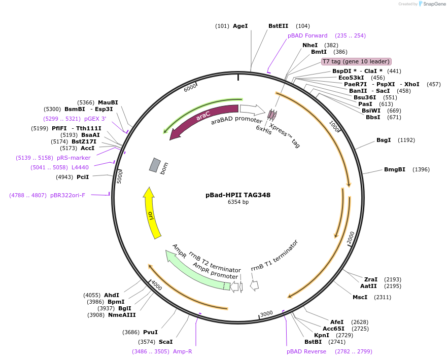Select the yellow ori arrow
pyautogui.click(x=151, y=213)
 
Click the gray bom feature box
pyautogui.click(x=155, y=165)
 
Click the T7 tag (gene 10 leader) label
pyautogui.click(x=356, y=61)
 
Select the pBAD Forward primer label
pyautogui.click(x=307, y=35)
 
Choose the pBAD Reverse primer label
pyautogui.click(x=306, y=351)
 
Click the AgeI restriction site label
pyautogui.click(x=240, y=26)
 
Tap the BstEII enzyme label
pyautogui.click(x=279, y=26)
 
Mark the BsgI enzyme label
pyautogui.click(x=384, y=140)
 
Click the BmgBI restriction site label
pyautogui.click(x=394, y=169)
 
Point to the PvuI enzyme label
pyautogui.click(x=150, y=332)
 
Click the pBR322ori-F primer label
pyautogui.click(x=67, y=195)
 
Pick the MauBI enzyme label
pyautogui.click(x=108, y=102)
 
